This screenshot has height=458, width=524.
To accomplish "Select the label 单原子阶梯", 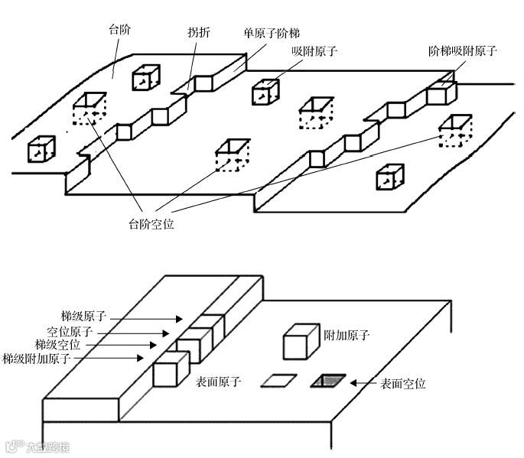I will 272,33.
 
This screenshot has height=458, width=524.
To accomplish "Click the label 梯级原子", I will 83,315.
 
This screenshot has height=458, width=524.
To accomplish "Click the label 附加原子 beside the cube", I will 347,335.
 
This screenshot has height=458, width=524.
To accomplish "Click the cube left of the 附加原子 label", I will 299,341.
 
